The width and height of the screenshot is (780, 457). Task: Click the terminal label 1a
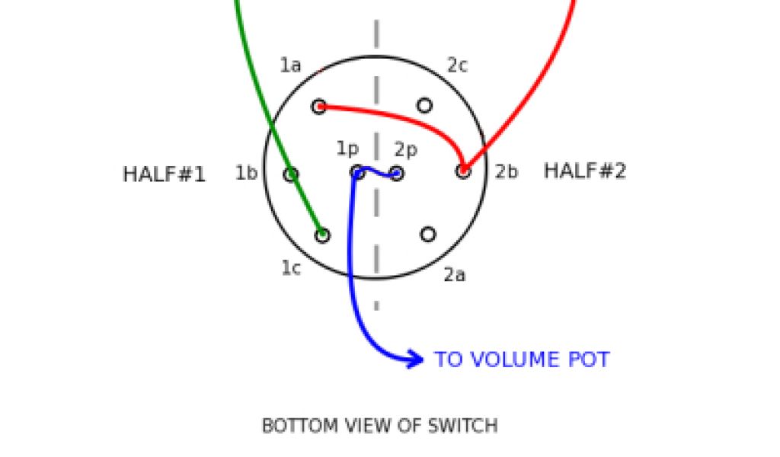290,66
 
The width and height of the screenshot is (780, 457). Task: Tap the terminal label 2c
457,66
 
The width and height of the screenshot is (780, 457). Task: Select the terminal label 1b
246,174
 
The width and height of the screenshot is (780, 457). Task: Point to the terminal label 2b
507,172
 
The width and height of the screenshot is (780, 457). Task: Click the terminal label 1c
291,268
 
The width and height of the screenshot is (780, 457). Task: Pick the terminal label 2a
455,275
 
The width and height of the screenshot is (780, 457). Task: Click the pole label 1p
347,149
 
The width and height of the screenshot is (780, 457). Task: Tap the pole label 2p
406,150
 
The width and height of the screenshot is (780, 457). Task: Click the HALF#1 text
164,174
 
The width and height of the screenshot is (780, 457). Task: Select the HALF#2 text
584,171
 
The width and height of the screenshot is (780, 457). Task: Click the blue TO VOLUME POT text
522,360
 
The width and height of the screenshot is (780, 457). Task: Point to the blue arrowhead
415,359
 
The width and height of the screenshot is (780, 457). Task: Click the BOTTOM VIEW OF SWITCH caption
379,426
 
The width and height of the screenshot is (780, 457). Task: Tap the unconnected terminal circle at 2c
425,105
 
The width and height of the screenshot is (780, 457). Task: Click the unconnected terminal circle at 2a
428,234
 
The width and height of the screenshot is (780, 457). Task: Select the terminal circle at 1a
319,106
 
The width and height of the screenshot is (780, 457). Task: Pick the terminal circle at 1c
323,235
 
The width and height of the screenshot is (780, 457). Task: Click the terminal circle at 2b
463,171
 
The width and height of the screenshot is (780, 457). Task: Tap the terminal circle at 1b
290,175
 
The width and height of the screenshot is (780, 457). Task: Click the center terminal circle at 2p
397,174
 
